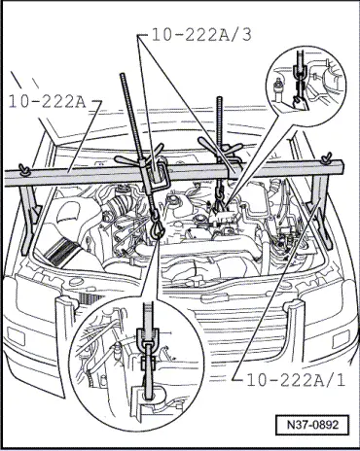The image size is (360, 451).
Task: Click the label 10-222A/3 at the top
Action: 201,35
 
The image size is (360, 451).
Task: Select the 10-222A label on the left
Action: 48,102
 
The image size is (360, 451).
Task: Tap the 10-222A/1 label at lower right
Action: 296,380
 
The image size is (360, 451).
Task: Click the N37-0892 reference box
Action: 312,425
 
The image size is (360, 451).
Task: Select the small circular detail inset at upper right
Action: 306,86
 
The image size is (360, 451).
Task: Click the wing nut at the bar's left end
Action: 24,170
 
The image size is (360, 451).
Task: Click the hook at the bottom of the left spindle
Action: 158,226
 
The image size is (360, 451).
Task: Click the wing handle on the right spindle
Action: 220,146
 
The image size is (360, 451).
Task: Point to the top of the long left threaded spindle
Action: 123,75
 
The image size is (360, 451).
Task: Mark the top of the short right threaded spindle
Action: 220,98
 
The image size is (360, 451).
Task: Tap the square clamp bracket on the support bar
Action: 159,177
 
